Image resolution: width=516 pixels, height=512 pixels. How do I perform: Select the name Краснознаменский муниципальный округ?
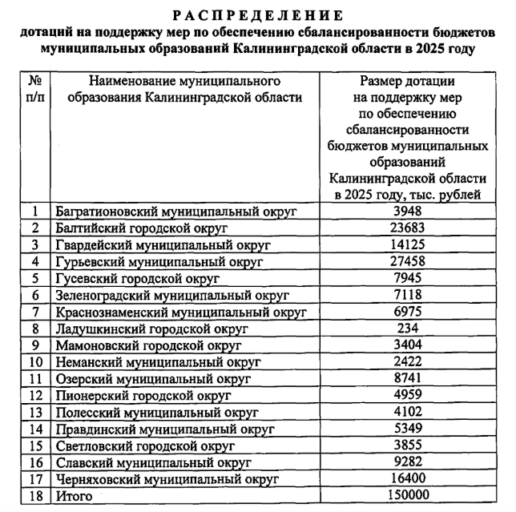(x=181, y=312)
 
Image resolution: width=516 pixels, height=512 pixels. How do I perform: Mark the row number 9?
(x=35, y=345)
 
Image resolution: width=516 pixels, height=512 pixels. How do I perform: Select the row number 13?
(x=35, y=413)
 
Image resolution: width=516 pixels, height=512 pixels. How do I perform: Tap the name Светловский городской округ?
(x=145, y=446)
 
